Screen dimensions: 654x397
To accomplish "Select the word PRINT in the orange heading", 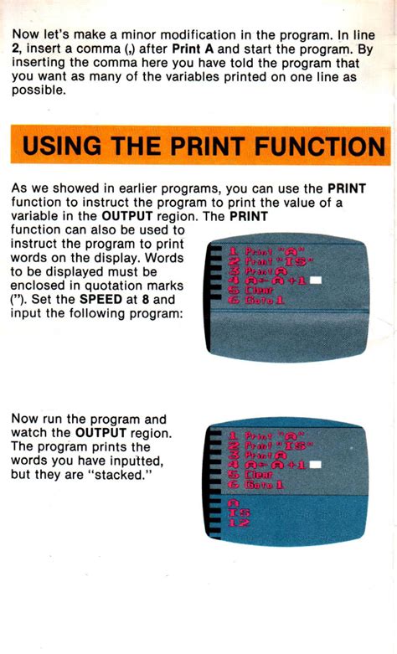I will (206, 147).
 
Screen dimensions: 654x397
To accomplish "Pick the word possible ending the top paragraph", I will (38, 90).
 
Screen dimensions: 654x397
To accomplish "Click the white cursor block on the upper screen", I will (317, 281).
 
